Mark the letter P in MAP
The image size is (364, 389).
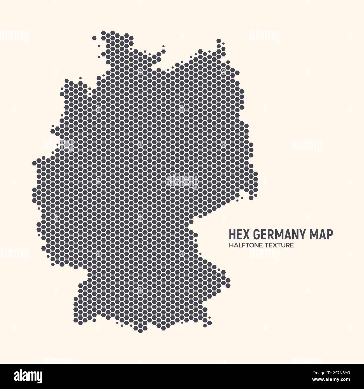pyautogui.click(x=330, y=235)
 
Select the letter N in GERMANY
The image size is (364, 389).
pyautogui.click(x=295, y=235)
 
